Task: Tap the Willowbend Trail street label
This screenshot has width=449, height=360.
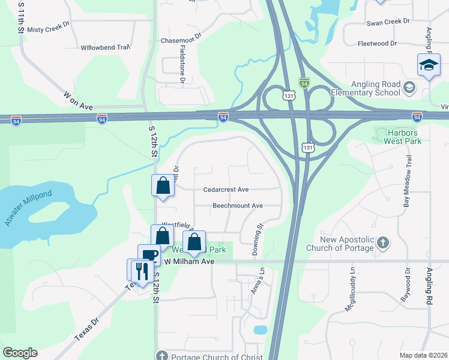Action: [x=105, y=47]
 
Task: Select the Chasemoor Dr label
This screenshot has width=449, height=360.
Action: [x=179, y=41]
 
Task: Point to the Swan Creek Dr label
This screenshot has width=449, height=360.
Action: [x=388, y=20]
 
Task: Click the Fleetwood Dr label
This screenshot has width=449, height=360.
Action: [x=378, y=43]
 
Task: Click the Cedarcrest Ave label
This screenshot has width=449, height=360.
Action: [x=226, y=190]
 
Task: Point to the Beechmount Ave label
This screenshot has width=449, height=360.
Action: [x=238, y=206]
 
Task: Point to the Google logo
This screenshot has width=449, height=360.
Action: [x=20, y=353]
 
